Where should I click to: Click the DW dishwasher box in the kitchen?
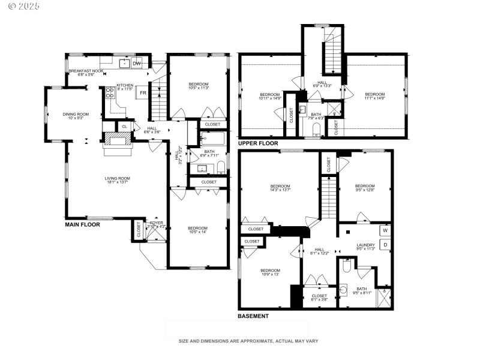click(x=137, y=64)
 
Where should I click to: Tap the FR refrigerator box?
click(x=143, y=93)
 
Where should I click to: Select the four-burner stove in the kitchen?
click(x=110, y=92)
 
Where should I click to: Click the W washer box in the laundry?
click(x=385, y=230)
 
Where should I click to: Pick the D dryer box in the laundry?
click(x=385, y=245)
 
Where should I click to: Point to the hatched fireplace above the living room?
click(x=118, y=139)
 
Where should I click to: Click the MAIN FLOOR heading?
click(x=82, y=224)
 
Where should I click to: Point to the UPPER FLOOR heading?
click(x=258, y=144)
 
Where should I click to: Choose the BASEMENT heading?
click(x=253, y=316)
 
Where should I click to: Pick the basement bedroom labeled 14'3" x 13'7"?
click(x=280, y=189)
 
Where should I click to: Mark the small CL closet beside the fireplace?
click(x=124, y=127)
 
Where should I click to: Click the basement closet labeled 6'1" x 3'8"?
click(x=319, y=298)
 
